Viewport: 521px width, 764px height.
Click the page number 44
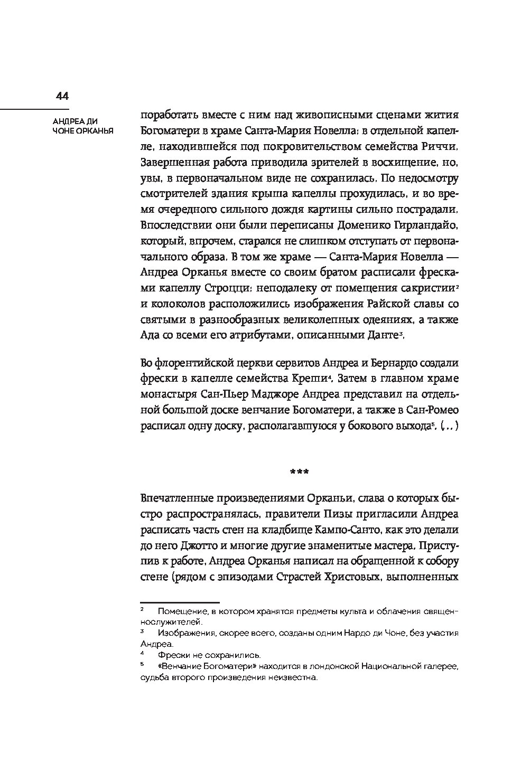click(x=62, y=96)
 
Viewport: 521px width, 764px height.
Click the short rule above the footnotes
click(x=179, y=602)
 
